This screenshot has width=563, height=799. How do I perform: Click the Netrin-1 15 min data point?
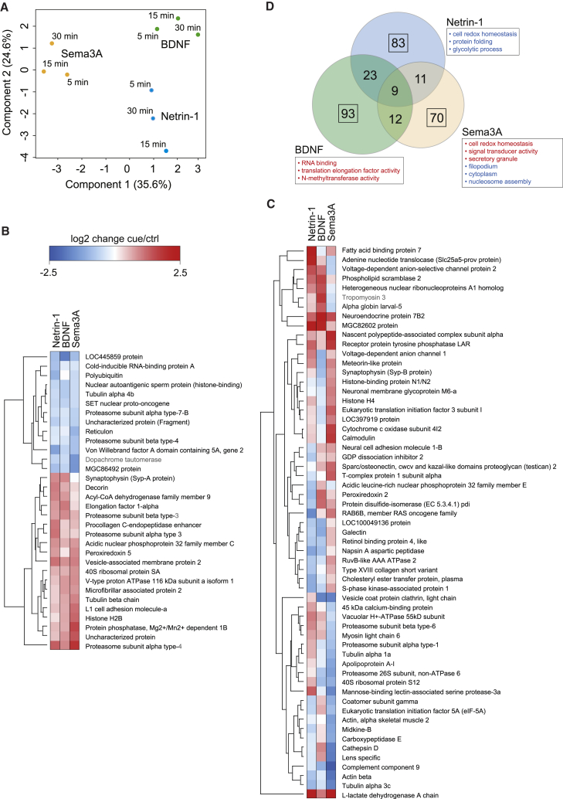[166, 151]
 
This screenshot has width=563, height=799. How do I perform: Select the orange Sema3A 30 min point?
[52, 43]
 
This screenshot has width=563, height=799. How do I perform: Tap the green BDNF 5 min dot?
[157, 29]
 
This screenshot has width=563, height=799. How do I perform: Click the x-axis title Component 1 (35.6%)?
[117, 185]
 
